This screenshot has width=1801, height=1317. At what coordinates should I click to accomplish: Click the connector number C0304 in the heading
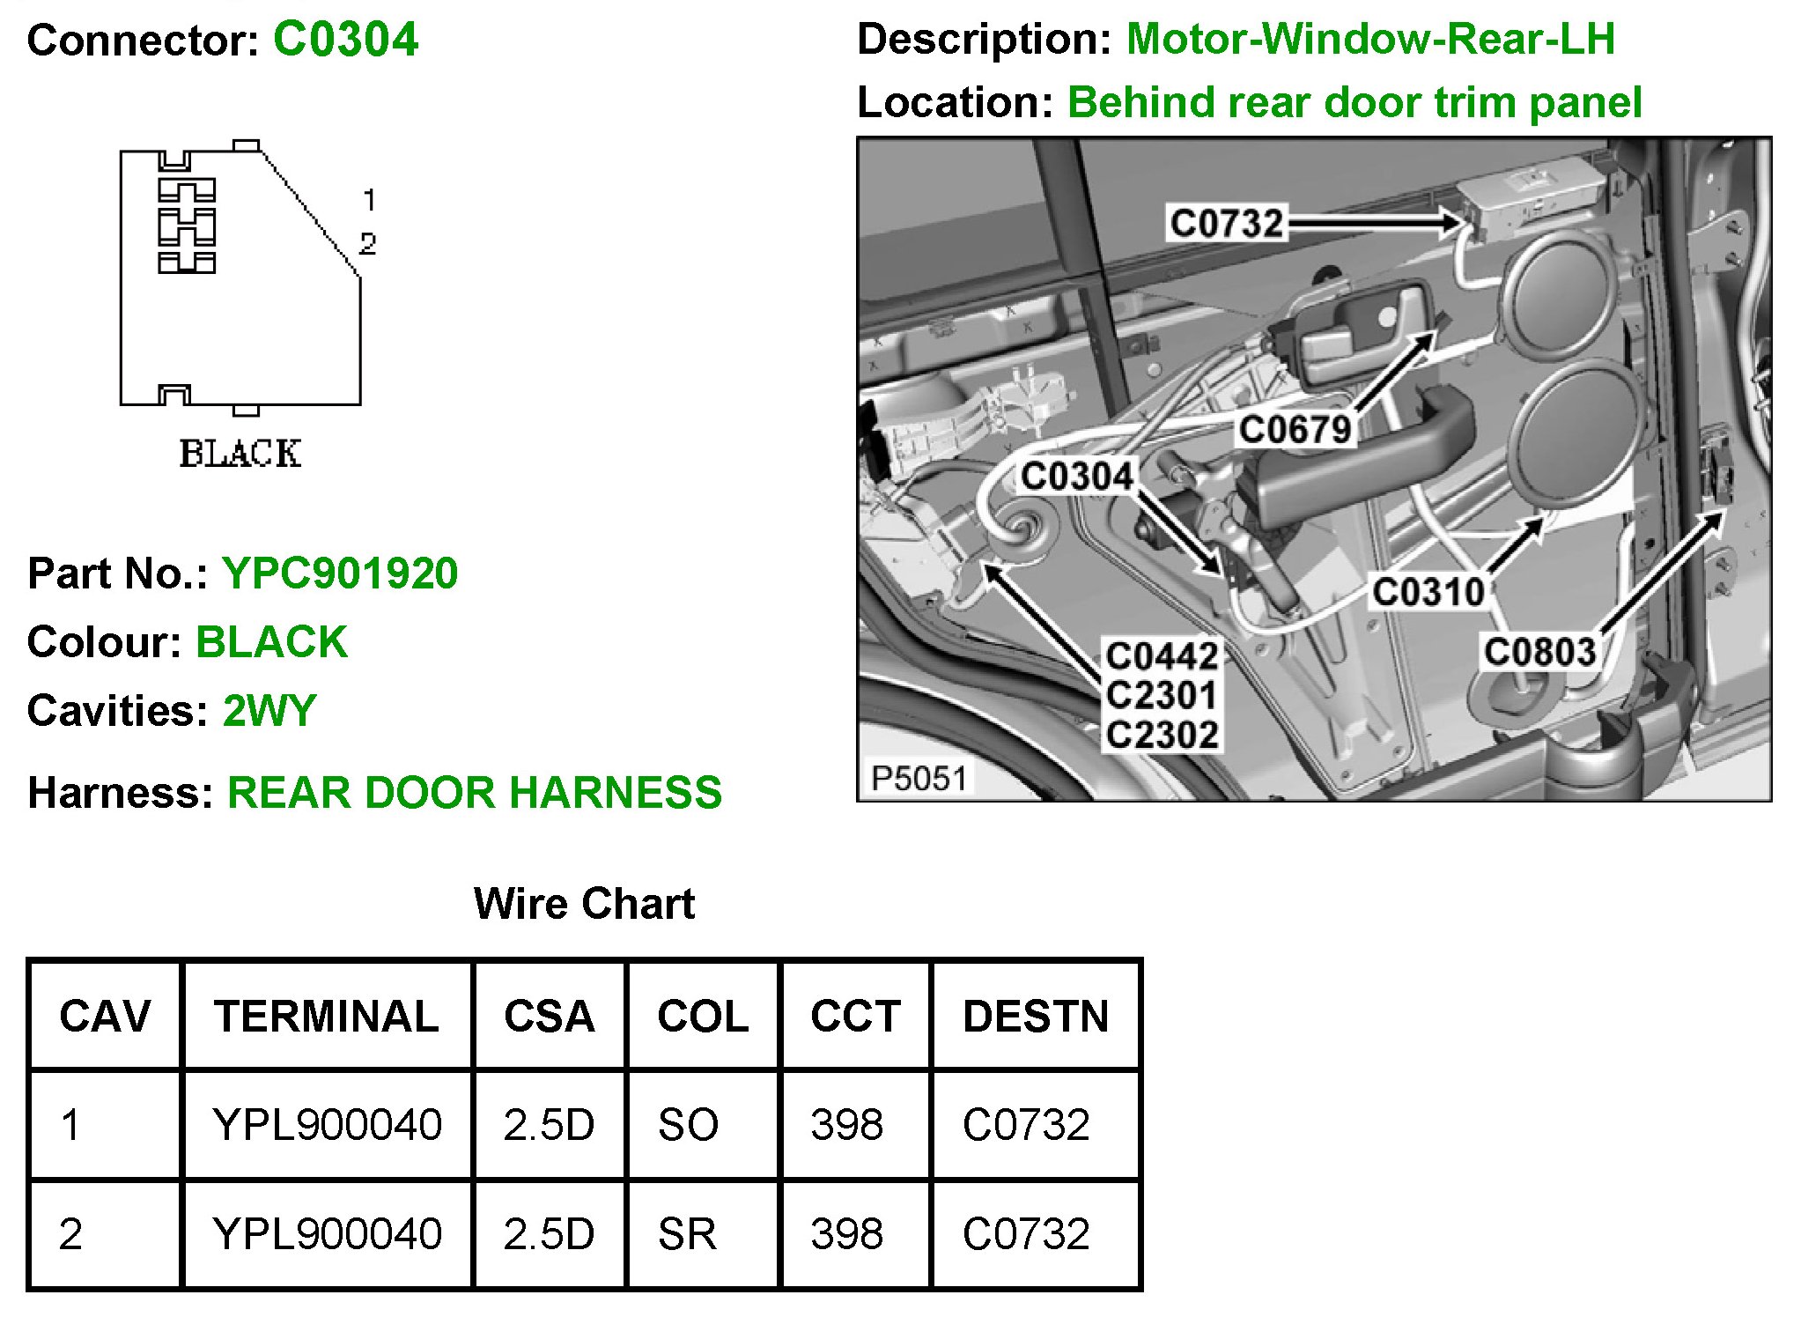point(345,40)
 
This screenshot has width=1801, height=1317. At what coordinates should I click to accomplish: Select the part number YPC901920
point(340,573)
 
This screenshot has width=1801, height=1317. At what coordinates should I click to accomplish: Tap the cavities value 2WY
point(269,711)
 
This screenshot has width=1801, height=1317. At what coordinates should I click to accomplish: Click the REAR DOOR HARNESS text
point(475,793)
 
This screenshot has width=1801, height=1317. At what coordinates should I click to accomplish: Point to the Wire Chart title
point(584,904)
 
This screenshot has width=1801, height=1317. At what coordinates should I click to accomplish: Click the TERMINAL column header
point(326,1017)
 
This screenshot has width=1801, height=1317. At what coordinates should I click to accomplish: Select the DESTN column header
point(1036,1017)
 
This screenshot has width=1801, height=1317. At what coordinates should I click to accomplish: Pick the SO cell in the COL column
point(688,1125)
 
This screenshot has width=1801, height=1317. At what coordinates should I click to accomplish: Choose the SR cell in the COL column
point(687,1233)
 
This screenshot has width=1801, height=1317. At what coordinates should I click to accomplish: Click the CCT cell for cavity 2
point(846,1233)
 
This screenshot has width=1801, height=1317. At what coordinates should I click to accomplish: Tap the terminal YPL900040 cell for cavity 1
point(327,1125)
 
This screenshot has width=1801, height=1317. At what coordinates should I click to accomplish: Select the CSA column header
point(549,1017)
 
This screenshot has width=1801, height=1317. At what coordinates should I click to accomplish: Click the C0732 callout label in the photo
point(1226,223)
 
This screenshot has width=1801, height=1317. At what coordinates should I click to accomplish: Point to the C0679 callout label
point(1295,430)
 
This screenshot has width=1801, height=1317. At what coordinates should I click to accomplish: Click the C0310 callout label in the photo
point(1428,592)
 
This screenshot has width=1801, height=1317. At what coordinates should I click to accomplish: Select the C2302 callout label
point(1162,735)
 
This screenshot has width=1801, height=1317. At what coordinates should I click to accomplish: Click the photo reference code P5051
point(919,779)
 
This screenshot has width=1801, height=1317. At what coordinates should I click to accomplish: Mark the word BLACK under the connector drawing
point(240,454)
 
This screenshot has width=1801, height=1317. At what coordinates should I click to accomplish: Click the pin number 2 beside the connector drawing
point(368,243)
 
